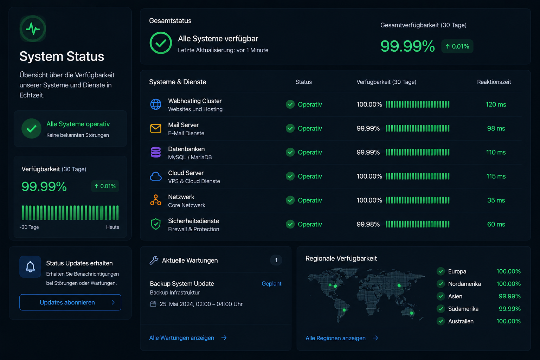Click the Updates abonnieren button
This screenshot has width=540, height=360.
pyautogui.click(x=70, y=302)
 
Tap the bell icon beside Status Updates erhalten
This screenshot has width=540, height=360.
pyautogui.click(x=30, y=267)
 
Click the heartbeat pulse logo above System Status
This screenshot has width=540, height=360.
pyautogui.click(x=33, y=29)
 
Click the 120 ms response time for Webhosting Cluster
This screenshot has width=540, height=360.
pyautogui.click(x=496, y=104)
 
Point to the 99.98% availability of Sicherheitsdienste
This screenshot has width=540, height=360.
pyautogui.click(x=368, y=224)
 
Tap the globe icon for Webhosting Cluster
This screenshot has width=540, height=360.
pyautogui.click(x=156, y=104)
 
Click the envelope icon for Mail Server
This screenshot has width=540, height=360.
pyautogui.click(x=156, y=128)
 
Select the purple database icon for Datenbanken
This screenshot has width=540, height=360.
pyautogui.click(x=156, y=152)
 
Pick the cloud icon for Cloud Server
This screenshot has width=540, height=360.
pyautogui.click(x=156, y=176)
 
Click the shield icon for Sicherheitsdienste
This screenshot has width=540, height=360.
pyautogui.click(x=156, y=224)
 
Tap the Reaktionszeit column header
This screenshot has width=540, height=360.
pyautogui.click(x=494, y=82)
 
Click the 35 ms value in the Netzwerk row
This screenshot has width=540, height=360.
pyautogui.click(x=496, y=200)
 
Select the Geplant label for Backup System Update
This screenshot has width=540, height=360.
pyautogui.click(x=271, y=284)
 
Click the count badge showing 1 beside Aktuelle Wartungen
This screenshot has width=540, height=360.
pyautogui.click(x=276, y=260)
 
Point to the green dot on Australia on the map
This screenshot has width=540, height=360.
pyautogui.click(x=412, y=313)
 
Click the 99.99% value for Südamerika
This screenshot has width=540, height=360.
pyautogui.click(x=510, y=309)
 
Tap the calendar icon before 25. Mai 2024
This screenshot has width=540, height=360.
pyautogui.click(x=153, y=304)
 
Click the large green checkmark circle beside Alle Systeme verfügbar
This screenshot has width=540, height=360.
pyautogui.click(x=161, y=43)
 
